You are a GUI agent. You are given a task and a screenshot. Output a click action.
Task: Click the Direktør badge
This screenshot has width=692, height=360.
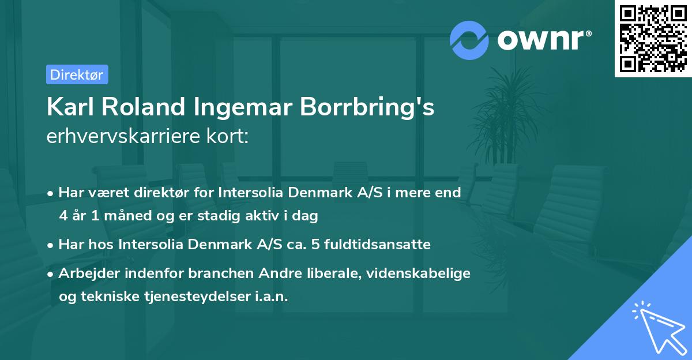point(77,74)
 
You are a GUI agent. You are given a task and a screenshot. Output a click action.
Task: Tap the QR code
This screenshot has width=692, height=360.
point(653,39)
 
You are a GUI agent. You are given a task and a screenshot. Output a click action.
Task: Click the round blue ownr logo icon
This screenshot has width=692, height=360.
point(469,40)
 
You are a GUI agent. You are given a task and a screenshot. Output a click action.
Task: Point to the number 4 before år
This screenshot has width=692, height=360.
point(63,216)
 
